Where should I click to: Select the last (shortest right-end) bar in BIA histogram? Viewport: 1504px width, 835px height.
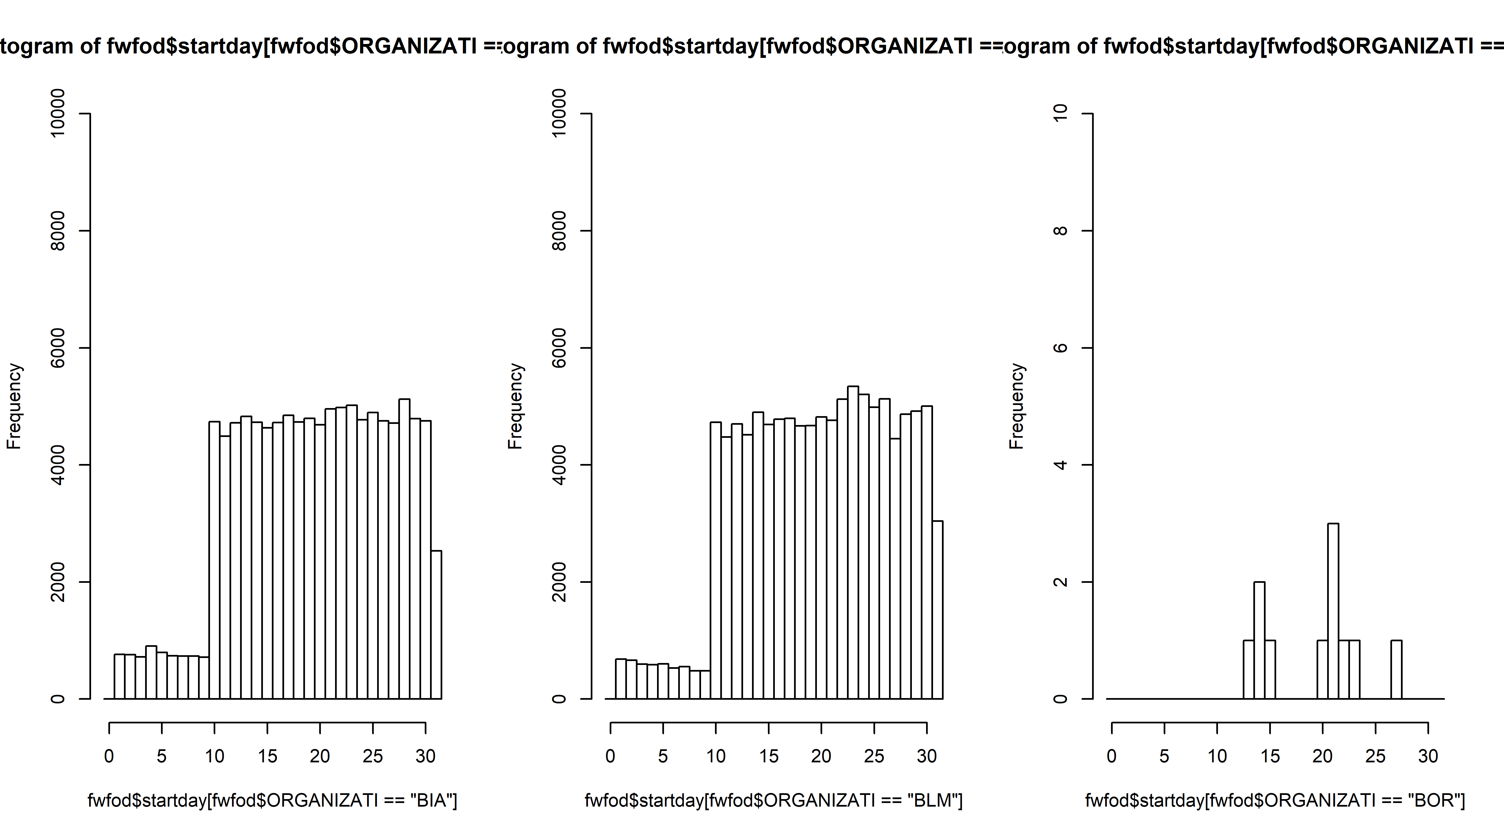(x=436, y=624)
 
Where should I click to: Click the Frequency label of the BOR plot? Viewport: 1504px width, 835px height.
(x=1017, y=406)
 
